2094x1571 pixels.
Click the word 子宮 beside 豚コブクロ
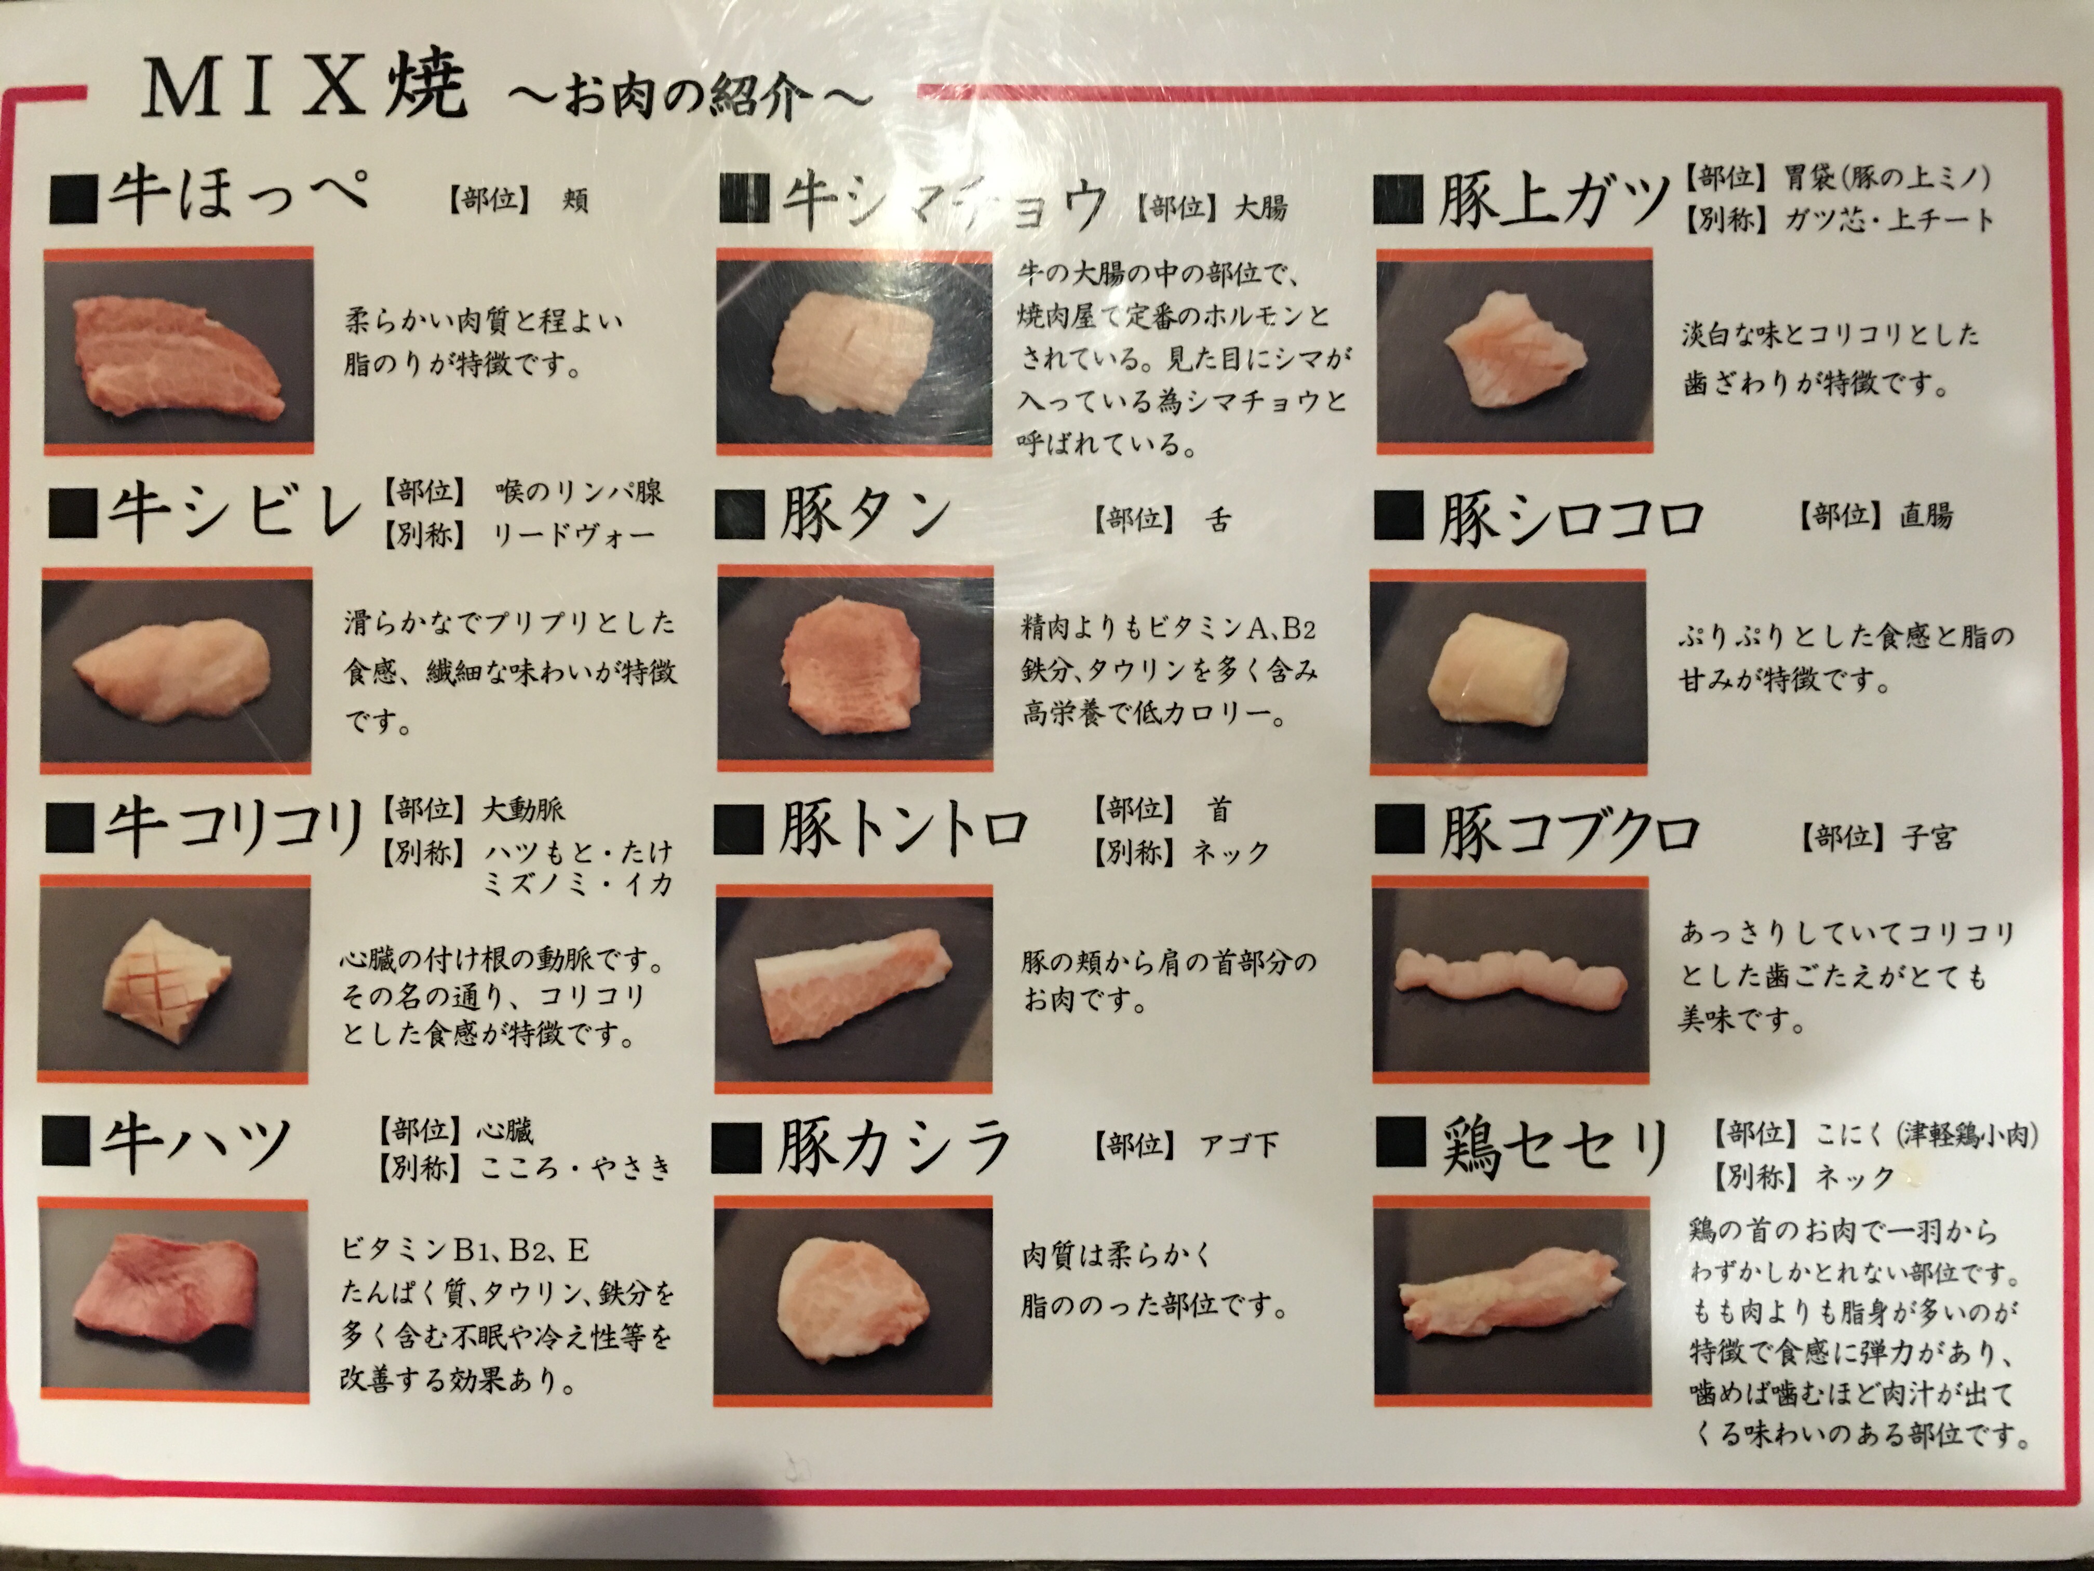point(1925,837)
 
